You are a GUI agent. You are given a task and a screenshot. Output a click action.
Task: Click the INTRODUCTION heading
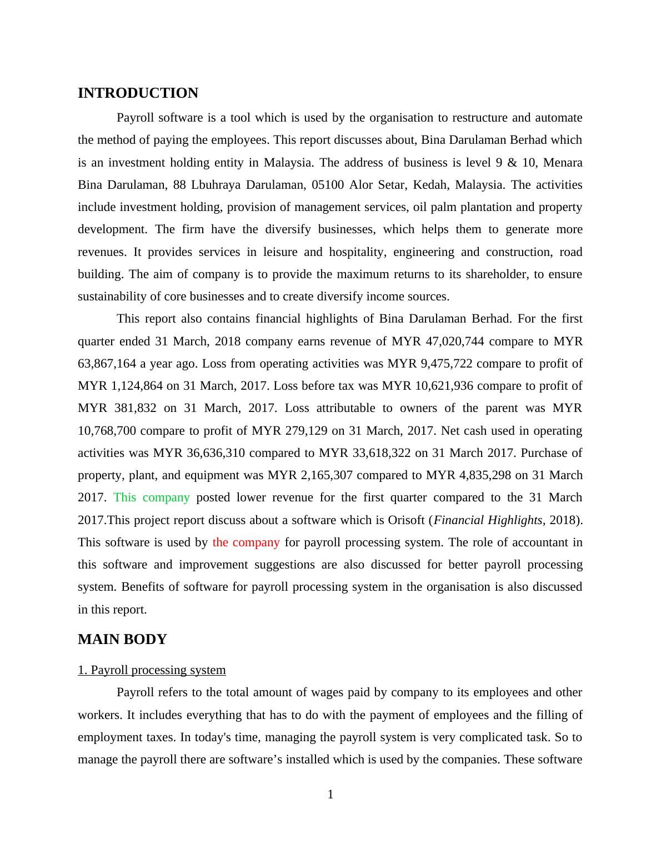138,93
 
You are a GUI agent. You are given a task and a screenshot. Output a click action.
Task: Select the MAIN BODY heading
122,640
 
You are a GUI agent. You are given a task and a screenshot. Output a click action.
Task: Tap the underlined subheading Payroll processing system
152,670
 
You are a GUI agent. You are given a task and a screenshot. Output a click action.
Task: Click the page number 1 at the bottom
330,794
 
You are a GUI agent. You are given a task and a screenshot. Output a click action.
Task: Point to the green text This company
152,497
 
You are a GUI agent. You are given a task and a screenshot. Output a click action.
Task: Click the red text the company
246,542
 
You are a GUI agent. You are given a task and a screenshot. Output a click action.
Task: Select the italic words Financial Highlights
487,520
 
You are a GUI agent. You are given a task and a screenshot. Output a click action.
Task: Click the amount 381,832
136,408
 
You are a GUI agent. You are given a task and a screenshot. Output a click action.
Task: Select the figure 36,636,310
216,453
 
